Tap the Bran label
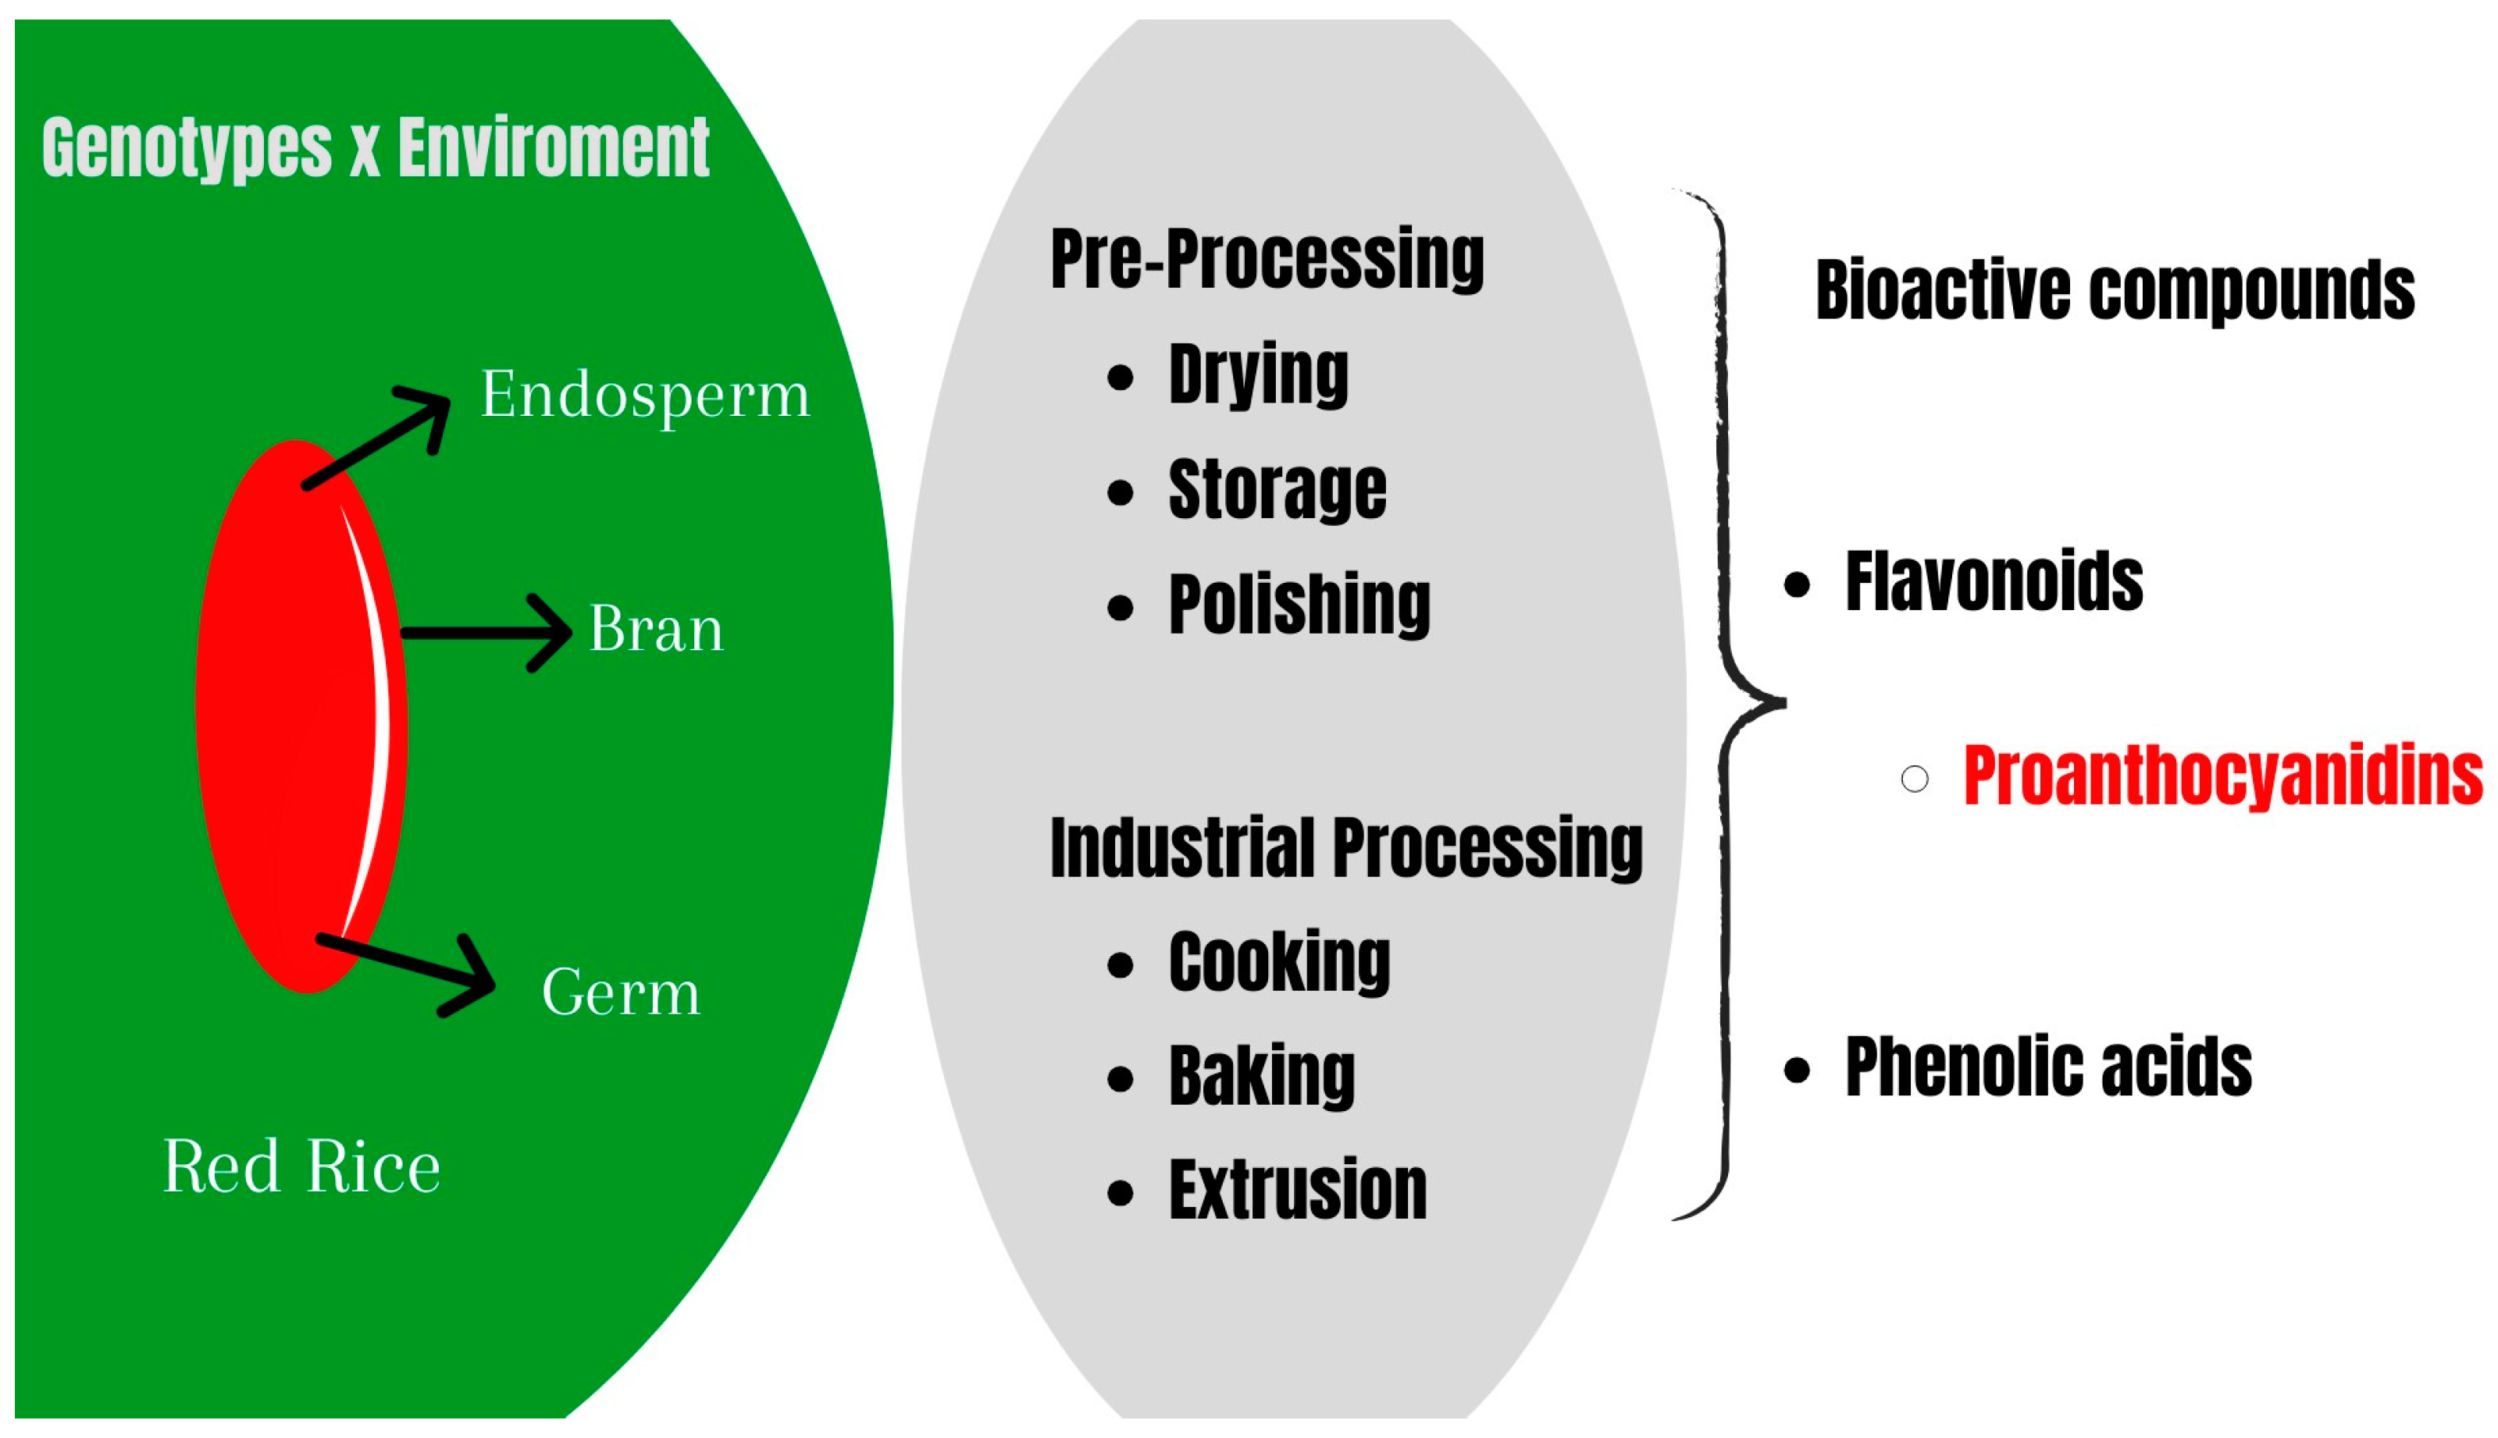(x=655, y=630)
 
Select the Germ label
(x=621, y=992)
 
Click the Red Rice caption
(x=301, y=1167)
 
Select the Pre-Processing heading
(x=1267, y=259)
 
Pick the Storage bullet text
(x=1277, y=490)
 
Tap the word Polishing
(x=1299, y=605)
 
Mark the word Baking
(x=1261, y=1077)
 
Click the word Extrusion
(x=1298, y=1191)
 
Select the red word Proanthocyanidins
(x=2222, y=777)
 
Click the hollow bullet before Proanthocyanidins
(x=1914, y=779)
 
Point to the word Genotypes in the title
(x=187, y=149)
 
